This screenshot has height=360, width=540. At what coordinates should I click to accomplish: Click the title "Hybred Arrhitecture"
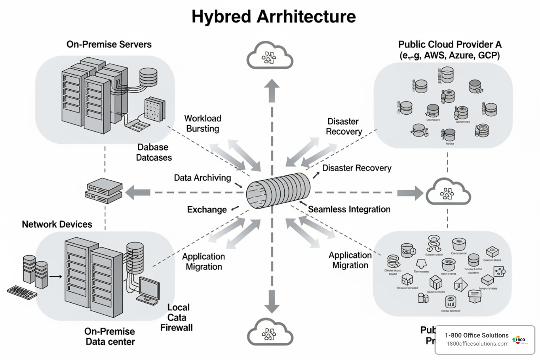coord(273,17)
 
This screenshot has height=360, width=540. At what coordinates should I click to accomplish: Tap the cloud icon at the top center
coord(270,56)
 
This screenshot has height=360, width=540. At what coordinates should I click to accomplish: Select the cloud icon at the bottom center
coord(270,333)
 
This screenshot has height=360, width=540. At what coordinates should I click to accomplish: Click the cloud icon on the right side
coord(448,192)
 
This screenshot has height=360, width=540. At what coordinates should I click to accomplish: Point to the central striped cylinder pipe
coord(278,191)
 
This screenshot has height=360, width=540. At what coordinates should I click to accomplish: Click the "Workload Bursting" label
coord(202,123)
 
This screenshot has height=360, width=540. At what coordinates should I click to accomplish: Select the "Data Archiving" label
coord(202,178)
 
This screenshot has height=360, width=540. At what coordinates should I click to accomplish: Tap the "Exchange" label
coord(207,210)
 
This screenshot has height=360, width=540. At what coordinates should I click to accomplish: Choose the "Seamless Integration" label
coord(349,210)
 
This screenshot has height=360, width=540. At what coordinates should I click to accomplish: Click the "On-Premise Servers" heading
coord(109,44)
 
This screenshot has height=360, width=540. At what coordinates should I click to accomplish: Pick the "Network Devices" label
coord(57,224)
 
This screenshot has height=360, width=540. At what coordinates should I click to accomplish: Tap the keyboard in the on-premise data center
coord(22,292)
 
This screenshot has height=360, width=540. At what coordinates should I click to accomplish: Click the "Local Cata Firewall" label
coord(177,317)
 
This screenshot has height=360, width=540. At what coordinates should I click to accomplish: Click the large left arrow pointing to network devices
coord(137,192)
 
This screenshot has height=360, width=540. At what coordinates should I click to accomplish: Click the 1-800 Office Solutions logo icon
coord(519,340)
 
